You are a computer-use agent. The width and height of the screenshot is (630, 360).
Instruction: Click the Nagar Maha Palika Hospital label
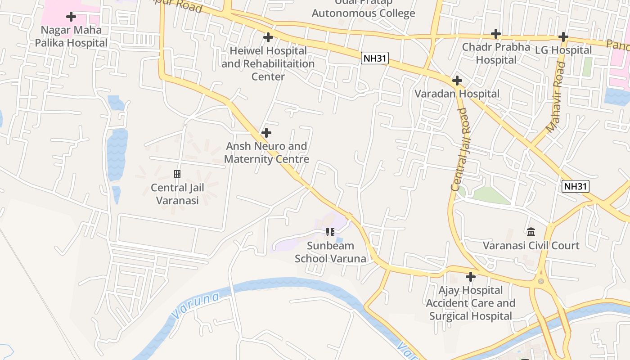click(x=71, y=36)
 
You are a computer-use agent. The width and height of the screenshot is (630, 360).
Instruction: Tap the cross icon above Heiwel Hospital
click(x=268, y=37)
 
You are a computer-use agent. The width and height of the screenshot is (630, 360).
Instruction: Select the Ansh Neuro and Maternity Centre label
click(x=266, y=153)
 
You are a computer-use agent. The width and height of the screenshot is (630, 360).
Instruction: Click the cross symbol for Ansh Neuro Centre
click(x=266, y=133)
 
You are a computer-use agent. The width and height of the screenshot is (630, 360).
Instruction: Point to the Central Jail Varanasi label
click(x=177, y=194)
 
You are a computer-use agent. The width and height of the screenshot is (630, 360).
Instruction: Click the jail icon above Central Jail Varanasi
click(x=177, y=174)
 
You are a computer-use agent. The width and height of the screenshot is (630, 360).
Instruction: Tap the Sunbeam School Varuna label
click(x=330, y=252)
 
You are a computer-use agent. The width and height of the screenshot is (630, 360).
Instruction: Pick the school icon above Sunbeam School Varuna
click(x=330, y=232)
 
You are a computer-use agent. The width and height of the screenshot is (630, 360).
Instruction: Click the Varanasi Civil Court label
click(x=531, y=246)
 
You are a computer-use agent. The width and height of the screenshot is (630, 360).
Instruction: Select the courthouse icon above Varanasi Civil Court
click(x=531, y=232)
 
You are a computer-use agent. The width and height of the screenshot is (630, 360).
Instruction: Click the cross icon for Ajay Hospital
click(x=471, y=276)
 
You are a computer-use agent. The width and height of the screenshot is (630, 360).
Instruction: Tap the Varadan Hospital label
click(x=457, y=94)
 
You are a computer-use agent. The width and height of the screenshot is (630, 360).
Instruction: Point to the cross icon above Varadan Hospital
click(x=457, y=81)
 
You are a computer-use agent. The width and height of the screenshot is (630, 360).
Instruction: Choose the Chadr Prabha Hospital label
click(x=496, y=53)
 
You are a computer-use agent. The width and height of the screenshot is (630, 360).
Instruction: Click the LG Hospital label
click(x=563, y=50)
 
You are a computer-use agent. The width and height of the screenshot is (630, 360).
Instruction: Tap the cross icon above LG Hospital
click(x=563, y=37)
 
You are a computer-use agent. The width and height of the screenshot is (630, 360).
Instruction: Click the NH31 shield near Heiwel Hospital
click(x=374, y=58)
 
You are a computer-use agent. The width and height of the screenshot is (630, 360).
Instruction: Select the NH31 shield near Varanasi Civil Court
click(x=576, y=186)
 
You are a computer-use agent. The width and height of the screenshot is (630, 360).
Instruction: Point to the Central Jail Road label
click(x=461, y=149)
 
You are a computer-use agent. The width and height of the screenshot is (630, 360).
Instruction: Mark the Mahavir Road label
click(x=556, y=98)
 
